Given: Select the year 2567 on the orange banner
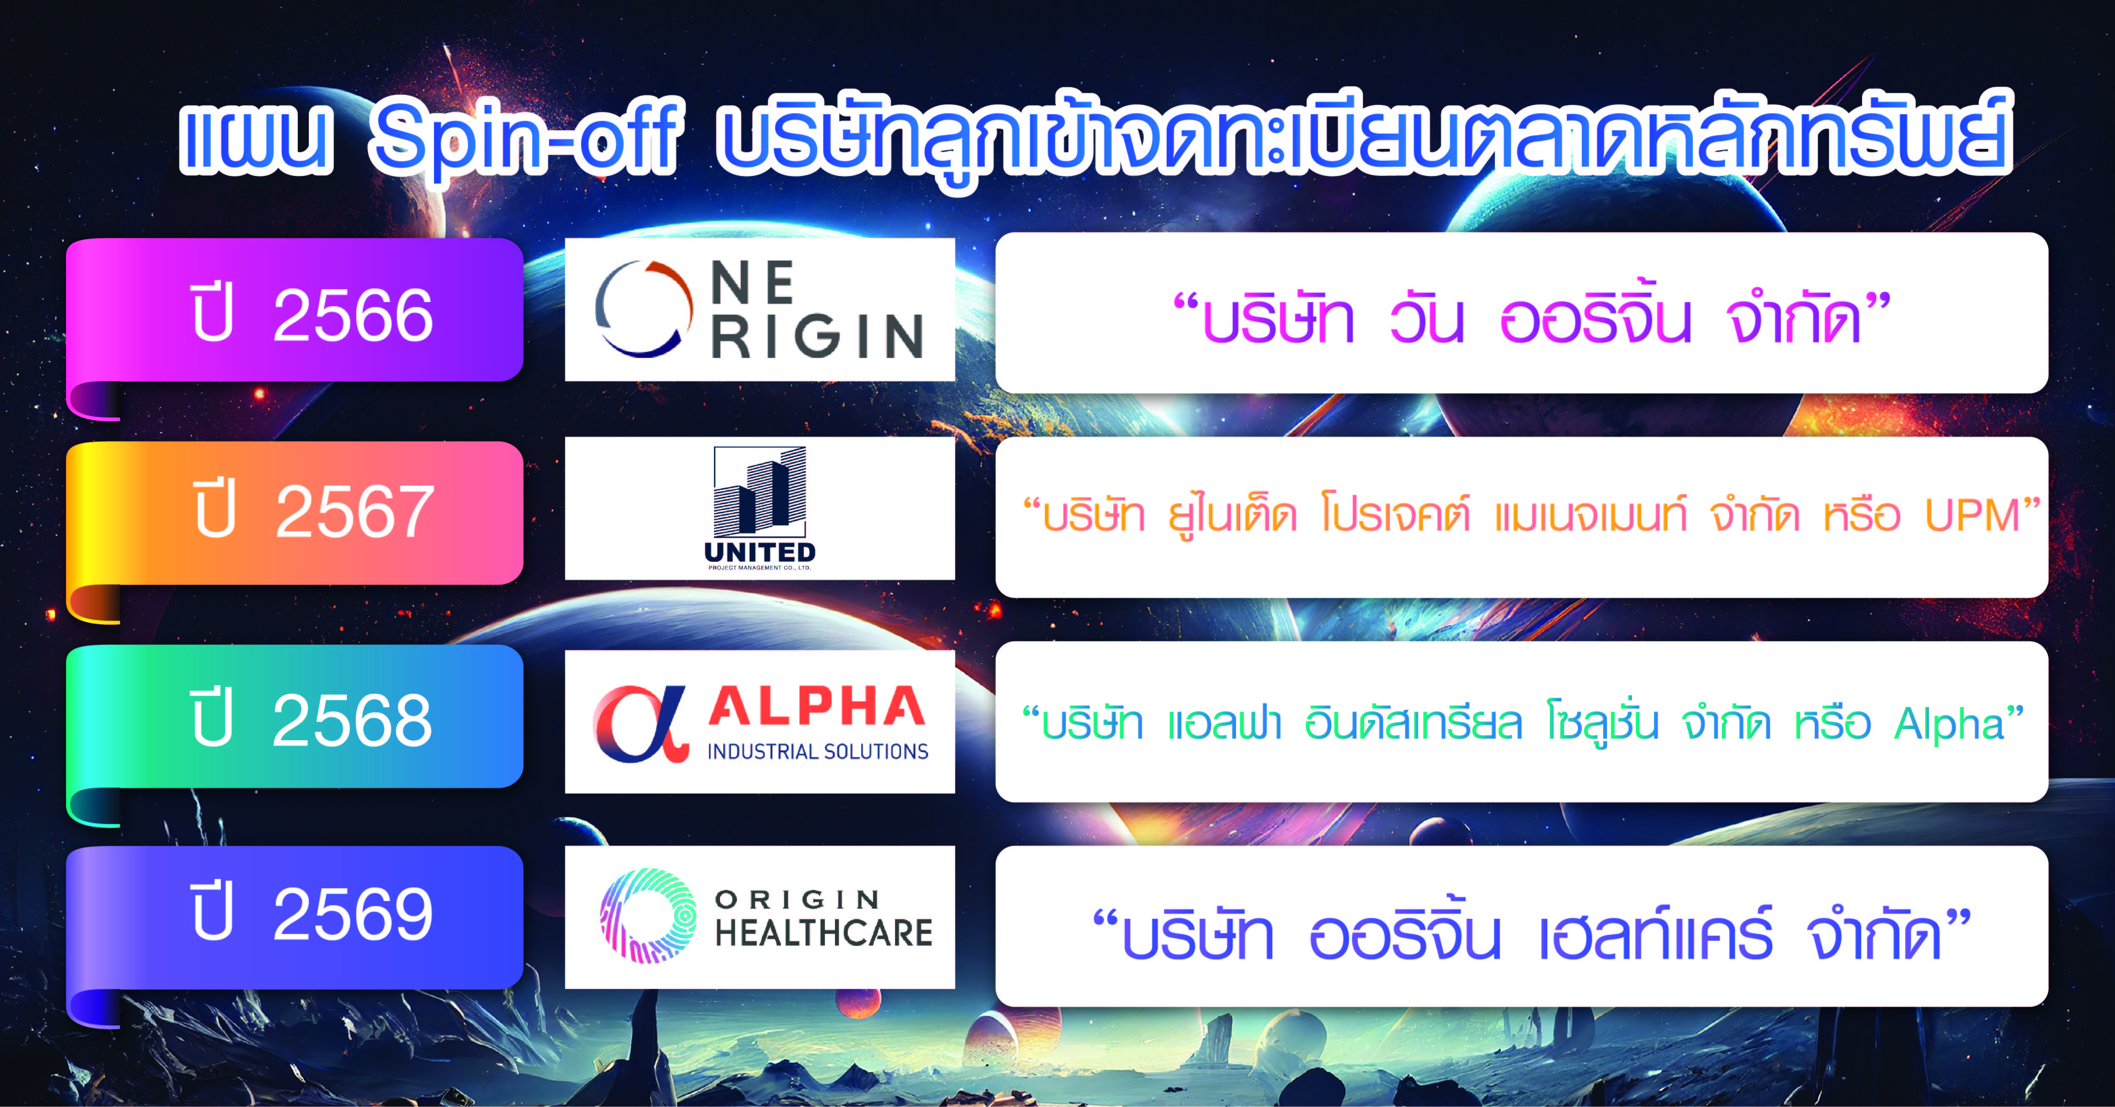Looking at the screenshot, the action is pos(355,511).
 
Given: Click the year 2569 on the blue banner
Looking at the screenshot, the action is pos(353,914).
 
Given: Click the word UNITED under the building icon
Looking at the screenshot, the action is pos(759,552).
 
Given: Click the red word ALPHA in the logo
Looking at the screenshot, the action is pos(817,706).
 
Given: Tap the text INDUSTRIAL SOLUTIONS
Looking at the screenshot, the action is pos(818,751).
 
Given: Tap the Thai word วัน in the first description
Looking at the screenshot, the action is pos(1427,316).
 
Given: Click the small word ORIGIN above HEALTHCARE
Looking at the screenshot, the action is pos(797,899).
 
